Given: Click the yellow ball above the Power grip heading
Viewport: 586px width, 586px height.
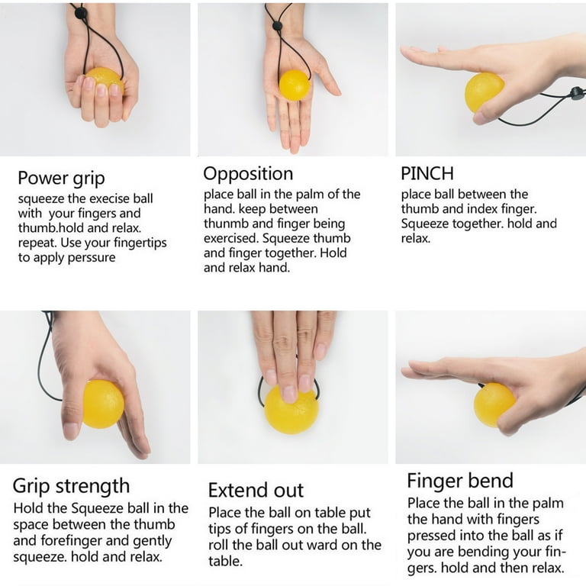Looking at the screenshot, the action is (x=105, y=80).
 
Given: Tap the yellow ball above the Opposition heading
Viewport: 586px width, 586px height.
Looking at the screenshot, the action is (x=295, y=85).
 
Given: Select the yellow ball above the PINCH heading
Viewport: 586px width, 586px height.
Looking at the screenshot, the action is (x=484, y=92).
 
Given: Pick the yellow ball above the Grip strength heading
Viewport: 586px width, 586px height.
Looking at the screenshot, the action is (x=103, y=404).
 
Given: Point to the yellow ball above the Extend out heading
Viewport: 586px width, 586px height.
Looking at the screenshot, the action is (x=291, y=409).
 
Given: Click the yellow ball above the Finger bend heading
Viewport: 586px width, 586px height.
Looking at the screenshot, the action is (x=494, y=404).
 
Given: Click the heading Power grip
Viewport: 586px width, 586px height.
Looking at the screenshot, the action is (x=61, y=179).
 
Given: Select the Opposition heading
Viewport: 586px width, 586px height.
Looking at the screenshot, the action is (x=248, y=174).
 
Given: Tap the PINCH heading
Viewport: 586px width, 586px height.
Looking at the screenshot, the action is (x=427, y=173).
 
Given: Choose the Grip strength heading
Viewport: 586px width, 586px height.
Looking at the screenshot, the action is (x=72, y=486).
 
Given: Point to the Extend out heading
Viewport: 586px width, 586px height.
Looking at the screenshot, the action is (x=256, y=490).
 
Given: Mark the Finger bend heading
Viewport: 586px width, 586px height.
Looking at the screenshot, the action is (x=460, y=480).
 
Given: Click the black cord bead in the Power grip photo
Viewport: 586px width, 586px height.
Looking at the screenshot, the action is (x=81, y=14).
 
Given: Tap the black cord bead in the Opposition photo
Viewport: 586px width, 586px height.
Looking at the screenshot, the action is (x=277, y=26).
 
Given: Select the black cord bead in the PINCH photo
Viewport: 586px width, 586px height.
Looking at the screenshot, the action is (x=578, y=92).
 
